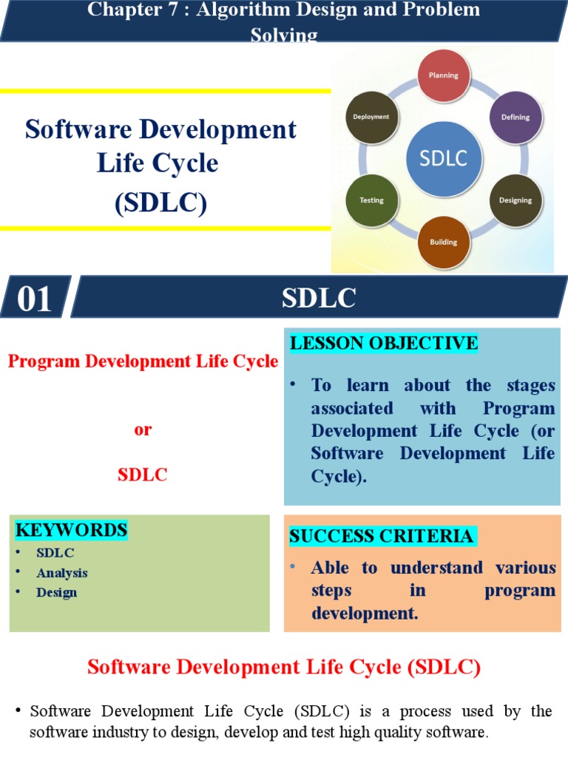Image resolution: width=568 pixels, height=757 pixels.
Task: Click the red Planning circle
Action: pos(444,75)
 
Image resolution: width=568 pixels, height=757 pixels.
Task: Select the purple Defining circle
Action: pos(515,118)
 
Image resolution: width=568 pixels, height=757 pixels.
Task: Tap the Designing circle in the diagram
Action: pos(515,200)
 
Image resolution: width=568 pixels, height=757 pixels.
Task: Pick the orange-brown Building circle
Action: pos(444,242)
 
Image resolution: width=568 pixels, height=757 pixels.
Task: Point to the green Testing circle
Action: pos(371,200)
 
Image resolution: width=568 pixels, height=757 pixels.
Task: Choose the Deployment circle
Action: pos(371,117)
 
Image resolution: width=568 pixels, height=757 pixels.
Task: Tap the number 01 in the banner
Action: pos(35,299)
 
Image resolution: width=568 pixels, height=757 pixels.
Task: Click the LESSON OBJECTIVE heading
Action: pos(383,343)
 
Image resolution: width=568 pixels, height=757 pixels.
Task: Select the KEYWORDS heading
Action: pos(72,530)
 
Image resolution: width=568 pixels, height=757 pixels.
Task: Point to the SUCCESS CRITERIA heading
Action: pos(382,536)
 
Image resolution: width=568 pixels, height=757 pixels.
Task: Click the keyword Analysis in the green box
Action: pos(62,573)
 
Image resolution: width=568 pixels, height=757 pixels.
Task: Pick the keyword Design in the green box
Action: pos(56,592)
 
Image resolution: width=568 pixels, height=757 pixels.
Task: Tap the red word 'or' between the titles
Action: pos(143,430)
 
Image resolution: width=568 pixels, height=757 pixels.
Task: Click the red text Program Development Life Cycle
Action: pos(143,361)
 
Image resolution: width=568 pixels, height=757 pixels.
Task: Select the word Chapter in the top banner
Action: pos(118,10)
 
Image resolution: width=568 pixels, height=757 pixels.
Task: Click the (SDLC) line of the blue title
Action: pos(160,202)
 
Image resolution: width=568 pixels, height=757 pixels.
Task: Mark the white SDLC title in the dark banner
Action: pos(319,299)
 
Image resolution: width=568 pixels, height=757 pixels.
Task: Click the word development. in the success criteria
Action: pos(360,613)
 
